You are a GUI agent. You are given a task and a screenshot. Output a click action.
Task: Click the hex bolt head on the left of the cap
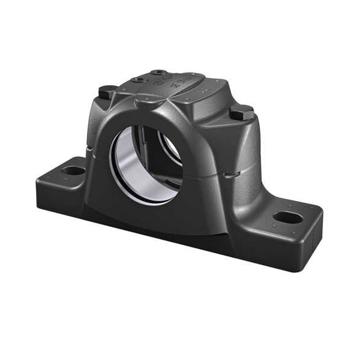pos(107,91)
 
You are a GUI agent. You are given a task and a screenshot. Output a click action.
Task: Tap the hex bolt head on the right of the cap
pos(241,112)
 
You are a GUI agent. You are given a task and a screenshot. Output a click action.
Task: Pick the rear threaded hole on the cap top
pos(159,72)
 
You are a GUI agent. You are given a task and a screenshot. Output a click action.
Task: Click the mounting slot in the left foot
pos(73,170)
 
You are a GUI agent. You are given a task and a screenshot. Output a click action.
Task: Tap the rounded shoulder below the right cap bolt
pos(243,141)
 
